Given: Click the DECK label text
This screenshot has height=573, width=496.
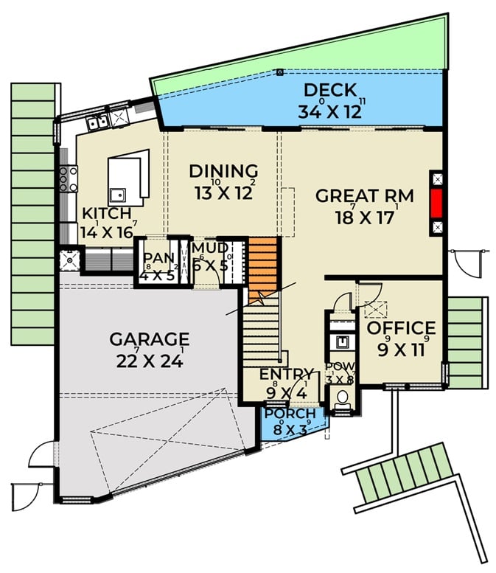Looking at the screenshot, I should pyautogui.click(x=330, y=91).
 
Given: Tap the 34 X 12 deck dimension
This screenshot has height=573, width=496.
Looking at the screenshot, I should pyautogui.click(x=330, y=112).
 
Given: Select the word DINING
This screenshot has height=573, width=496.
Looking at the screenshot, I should pyautogui.click(x=223, y=171).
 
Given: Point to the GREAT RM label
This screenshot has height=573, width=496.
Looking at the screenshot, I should pyautogui.click(x=364, y=196).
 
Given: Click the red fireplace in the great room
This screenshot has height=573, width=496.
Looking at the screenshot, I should pyautogui.click(x=436, y=203).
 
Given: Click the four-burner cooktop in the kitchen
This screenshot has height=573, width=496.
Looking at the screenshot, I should pyautogui.click(x=69, y=178).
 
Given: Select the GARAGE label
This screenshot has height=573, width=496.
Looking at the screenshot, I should pyautogui.click(x=150, y=339).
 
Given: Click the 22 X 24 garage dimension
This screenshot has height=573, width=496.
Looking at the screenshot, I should pyautogui.click(x=150, y=361).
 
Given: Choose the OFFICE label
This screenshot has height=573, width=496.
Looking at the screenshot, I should pyautogui.click(x=401, y=327).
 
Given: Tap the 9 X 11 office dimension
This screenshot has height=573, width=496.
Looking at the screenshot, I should pyautogui.click(x=401, y=350).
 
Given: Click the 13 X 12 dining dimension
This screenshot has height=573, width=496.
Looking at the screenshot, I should pyautogui.click(x=223, y=193).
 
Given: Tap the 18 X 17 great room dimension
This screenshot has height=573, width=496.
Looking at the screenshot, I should pyautogui.click(x=364, y=219).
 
